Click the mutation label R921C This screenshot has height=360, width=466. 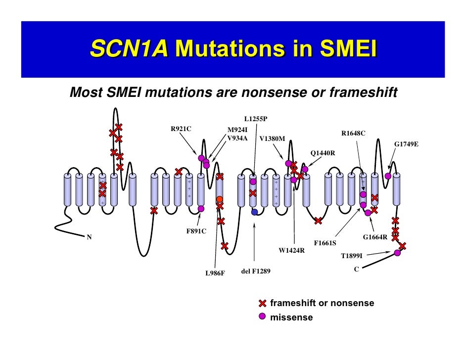click(181, 129)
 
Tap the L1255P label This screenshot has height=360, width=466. click(256, 119)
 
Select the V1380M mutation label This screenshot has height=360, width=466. click(272, 138)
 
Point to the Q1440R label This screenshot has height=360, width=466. click(323, 153)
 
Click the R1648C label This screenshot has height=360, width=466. click(353, 134)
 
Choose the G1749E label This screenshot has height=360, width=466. click(406, 144)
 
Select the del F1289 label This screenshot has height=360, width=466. click(256, 271)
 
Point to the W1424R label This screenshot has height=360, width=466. click(291, 251)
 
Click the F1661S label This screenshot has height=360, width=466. click(326, 243)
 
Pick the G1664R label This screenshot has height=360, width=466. click(375, 237)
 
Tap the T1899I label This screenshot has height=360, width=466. click(352, 256)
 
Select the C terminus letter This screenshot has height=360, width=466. click(356, 270)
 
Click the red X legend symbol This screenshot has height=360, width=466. click(263, 303)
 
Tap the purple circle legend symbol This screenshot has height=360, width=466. click(263, 316)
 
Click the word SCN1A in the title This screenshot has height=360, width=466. click(130, 49)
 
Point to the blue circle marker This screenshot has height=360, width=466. click(255, 212)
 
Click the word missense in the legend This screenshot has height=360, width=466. click(291, 317)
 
